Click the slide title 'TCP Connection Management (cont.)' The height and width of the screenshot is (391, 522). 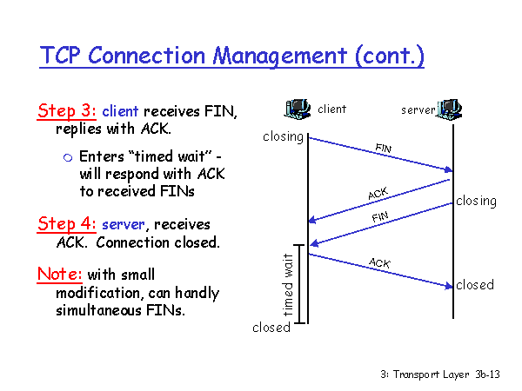pos(231,56)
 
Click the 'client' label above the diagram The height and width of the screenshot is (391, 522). pos(332,109)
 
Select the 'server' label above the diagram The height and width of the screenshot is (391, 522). pos(418,110)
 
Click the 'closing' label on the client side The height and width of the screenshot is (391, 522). pos(283,136)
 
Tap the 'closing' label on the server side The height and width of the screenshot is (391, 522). pos(476,201)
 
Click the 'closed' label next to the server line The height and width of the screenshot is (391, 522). pos(475,285)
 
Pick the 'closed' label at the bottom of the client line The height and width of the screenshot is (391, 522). pos(271,328)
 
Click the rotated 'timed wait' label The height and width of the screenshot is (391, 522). pos(288,285)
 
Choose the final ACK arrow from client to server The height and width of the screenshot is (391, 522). pos(379,268)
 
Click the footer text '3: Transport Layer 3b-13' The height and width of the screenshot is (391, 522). pos(439,374)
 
